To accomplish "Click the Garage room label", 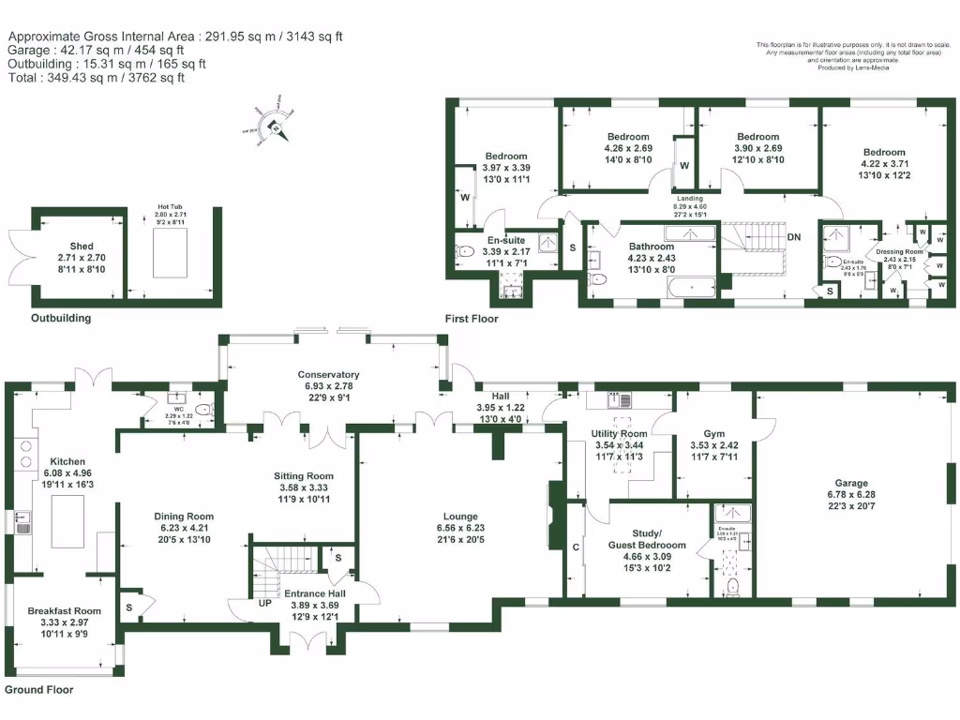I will pyautogui.click(x=851, y=484).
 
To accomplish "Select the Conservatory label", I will pyautogui.click(x=328, y=375).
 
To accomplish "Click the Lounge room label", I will pyautogui.click(x=460, y=517).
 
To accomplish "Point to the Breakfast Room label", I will pyautogui.click(x=63, y=609).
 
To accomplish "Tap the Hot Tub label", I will pyautogui.click(x=169, y=208).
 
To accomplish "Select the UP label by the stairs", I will pyautogui.click(x=266, y=602).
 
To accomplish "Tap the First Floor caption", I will pyautogui.click(x=472, y=319).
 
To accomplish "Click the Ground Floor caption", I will pyautogui.click(x=38, y=690).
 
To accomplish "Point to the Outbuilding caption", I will pyautogui.click(x=61, y=318).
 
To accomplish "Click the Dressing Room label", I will pyautogui.click(x=899, y=252).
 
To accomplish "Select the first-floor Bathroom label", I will pyautogui.click(x=651, y=247).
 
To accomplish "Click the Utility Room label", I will pyautogui.click(x=619, y=434).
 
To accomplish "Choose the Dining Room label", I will pyautogui.click(x=184, y=517).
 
